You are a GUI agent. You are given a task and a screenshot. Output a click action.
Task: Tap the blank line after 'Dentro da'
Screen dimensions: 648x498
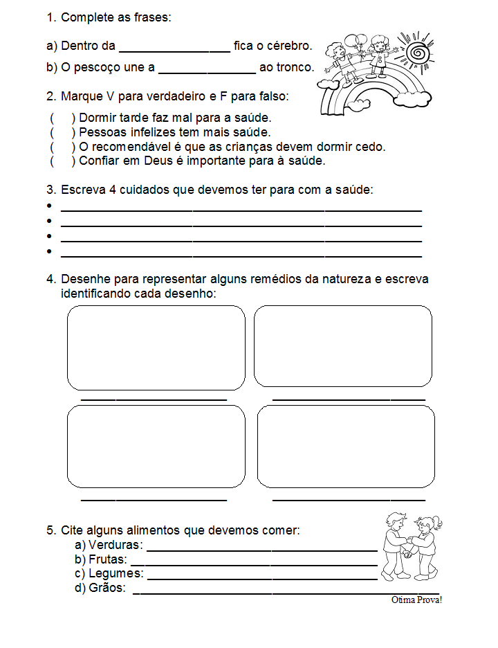coord(174,49)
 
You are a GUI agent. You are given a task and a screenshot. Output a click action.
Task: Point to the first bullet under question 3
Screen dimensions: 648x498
coord(49,206)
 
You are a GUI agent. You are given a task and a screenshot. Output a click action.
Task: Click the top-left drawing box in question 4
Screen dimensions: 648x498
coord(156,348)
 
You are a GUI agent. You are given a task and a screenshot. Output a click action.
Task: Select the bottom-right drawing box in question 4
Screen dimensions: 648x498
coord(346,446)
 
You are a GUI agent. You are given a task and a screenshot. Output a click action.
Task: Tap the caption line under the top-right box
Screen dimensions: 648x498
coord(349,399)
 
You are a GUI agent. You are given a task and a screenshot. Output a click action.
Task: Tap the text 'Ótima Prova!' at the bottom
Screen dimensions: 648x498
coord(416,600)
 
